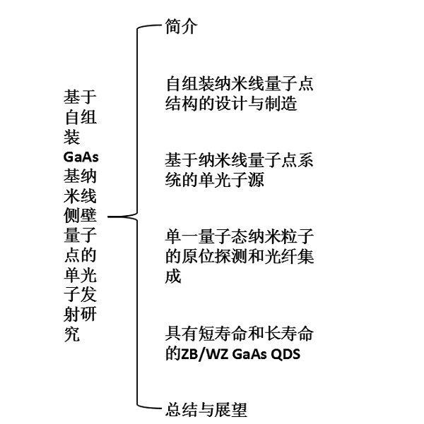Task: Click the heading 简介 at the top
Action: click(181, 27)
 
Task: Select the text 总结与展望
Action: click(206, 409)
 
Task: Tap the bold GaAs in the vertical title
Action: click(81, 157)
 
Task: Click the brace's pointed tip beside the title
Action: click(108, 217)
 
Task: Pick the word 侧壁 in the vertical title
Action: click(80, 215)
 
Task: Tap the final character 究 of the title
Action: click(72, 334)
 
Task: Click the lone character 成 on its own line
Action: click(173, 276)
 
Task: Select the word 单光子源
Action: click(231, 180)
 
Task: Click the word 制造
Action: click(281, 104)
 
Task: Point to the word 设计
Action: click(231, 104)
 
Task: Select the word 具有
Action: click(181, 334)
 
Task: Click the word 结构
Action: click(181, 104)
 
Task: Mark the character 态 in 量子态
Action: click(240, 236)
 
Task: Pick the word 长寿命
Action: click(289, 334)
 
